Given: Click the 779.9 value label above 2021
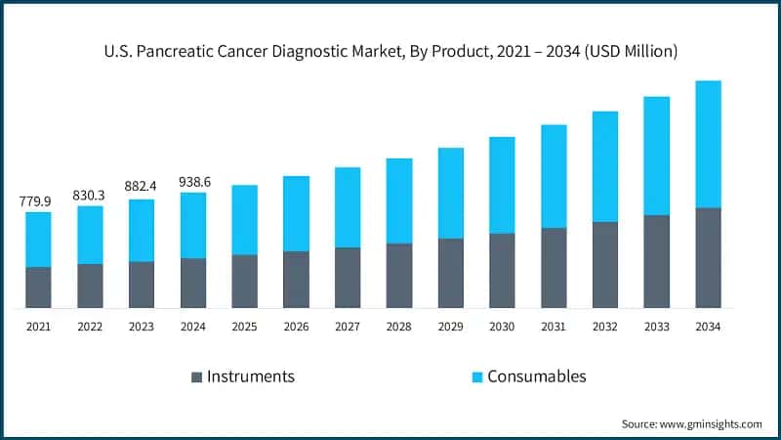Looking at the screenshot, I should pyautogui.click(x=38, y=201).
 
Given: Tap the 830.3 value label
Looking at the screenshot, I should pyautogui.click(x=90, y=195).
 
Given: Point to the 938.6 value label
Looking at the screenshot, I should pyautogui.click(x=193, y=182).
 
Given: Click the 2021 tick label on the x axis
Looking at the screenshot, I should pyautogui.click(x=38, y=327).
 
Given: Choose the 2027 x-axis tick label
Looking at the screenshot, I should pyautogui.click(x=348, y=327).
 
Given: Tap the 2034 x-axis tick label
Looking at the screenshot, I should pyautogui.click(x=708, y=327).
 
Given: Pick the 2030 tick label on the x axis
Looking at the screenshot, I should pyautogui.click(x=502, y=327).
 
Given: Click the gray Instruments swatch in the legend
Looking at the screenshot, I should pyautogui.click(x=196, y=376).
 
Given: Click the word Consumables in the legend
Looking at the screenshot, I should pyautogui.click(x=538, y=376).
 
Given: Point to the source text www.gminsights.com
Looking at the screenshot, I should pyautogui.click(x=711, y=423).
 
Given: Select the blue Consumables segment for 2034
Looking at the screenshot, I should pyautogui.click(x=708, y=144).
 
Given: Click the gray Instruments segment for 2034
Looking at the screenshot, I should pyautogui.click(x=708, y=258).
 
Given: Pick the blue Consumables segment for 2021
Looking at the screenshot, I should pyautogui.click(x=38, y=239).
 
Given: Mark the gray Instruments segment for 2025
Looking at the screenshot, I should pyautogui.click(x=244, y=282).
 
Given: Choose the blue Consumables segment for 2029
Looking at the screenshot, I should pyautogui.click(x=450, y=193).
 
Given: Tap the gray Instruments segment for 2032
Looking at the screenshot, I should pyautogui.click(x=605, y=265).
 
